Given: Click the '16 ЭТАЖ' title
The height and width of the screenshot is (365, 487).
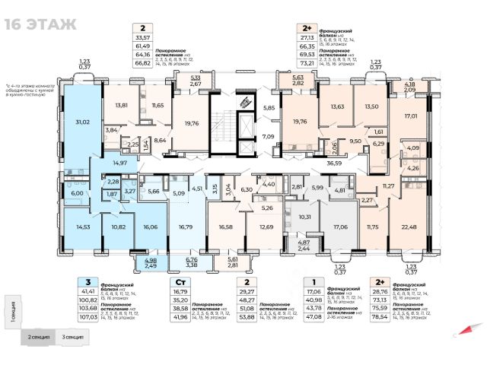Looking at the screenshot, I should tap(41, 23).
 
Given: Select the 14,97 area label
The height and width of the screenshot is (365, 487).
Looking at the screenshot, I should tap(116, 163).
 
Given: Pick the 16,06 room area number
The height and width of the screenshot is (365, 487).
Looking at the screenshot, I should tap(150, 227).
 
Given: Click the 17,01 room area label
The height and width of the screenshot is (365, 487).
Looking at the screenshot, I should tap(411, 116).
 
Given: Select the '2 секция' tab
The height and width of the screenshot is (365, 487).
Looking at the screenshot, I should tap(40, 335).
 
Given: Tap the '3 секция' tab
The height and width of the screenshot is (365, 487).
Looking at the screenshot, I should tap(74, 335).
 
